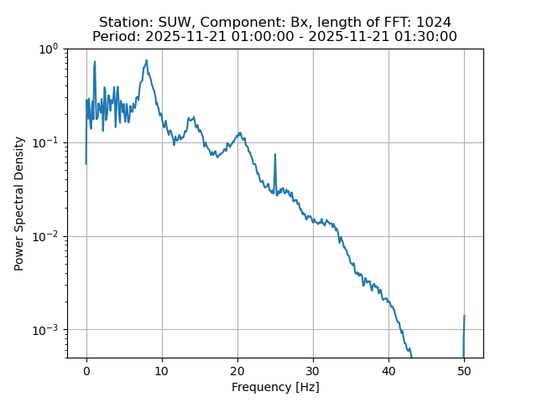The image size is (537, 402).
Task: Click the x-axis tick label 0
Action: [x=86, y=370]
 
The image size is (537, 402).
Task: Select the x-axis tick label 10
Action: [x=162, y=370]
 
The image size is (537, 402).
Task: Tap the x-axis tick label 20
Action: [x=237, y=370]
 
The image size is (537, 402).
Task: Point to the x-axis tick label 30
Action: [x=313, y=370]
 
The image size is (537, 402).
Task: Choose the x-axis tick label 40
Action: [x=388, y=370]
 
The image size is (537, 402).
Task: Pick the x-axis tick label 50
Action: [x=464, y=370]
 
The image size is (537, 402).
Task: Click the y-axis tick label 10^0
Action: [x=49, y=49]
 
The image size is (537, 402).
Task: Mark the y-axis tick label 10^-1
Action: [x=47, y=142]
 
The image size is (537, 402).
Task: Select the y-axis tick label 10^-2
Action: [x=47, y=236]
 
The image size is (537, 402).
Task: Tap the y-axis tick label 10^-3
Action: [x=47, y=329]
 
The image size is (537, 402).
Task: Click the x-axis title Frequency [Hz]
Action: [x=275, y=387]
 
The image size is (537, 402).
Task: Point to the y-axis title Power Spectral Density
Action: [x=19, y=204]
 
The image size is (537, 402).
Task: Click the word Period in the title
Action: [x=115, y=37]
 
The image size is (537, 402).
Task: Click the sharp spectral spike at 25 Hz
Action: [x=274, y=155]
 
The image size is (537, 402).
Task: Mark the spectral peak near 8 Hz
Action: [x=147, y=61]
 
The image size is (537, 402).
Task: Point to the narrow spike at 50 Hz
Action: [x=464, y=317]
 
